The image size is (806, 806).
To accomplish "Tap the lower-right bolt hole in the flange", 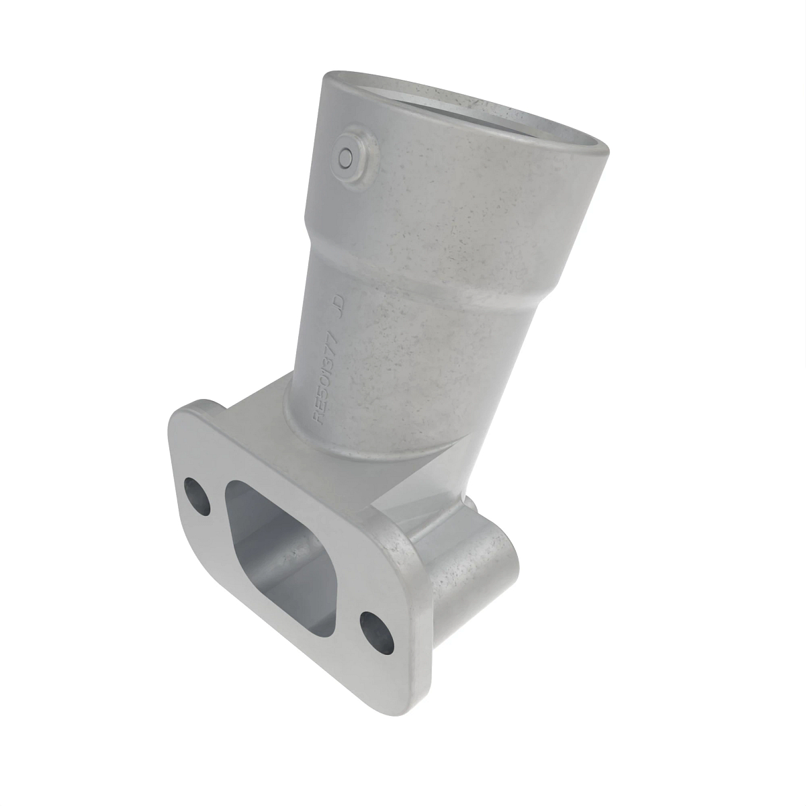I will pyautogui.click(x=373, y=629).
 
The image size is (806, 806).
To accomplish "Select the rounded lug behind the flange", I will pyautogui.click(x=470, y=564).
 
